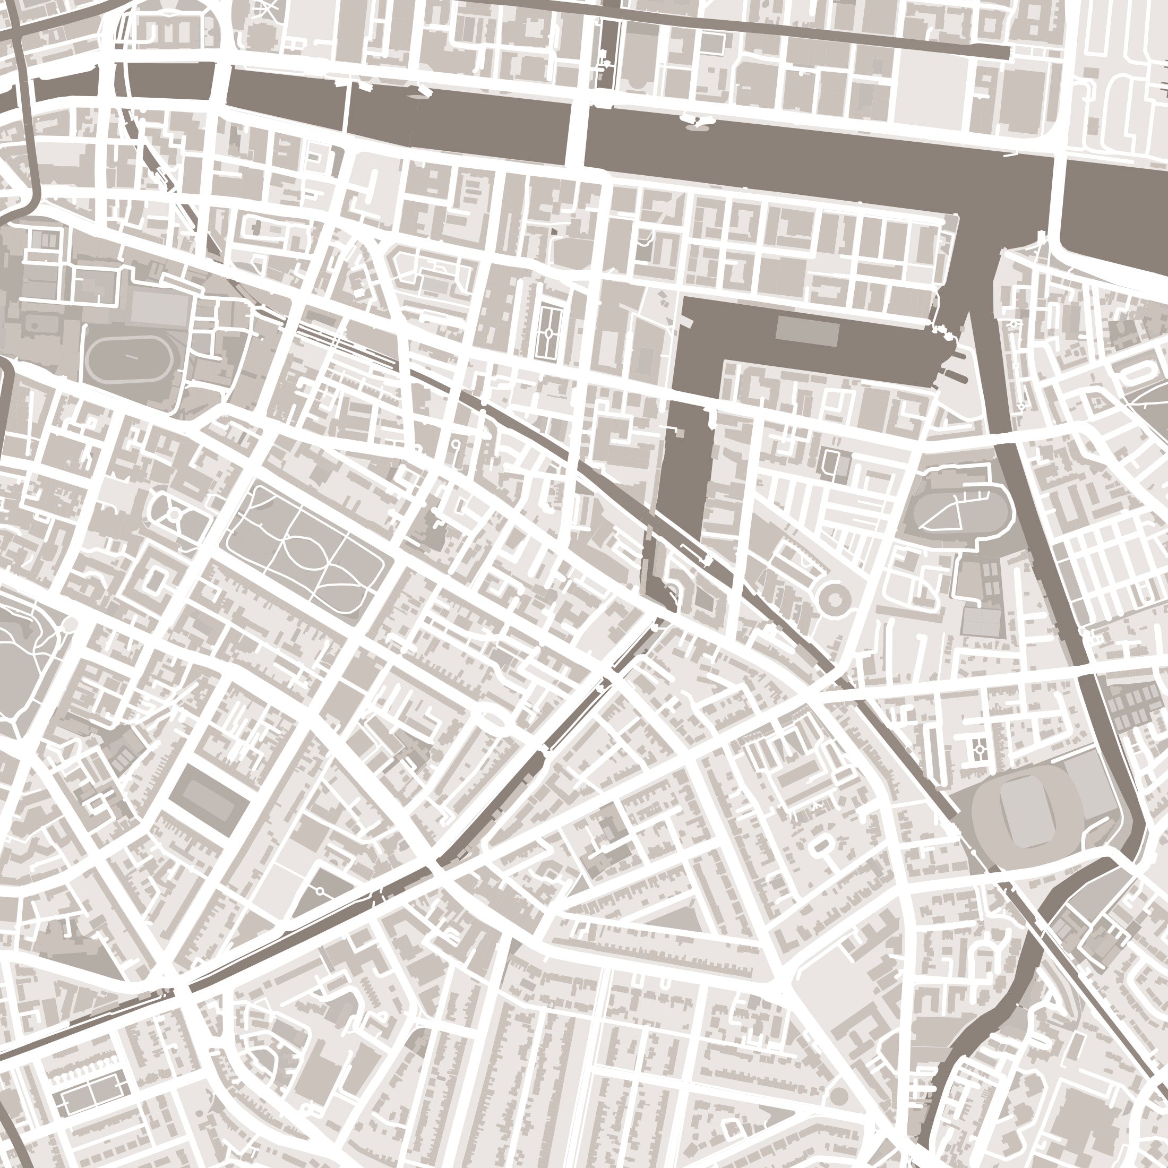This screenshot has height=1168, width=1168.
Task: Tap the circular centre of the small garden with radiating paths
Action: tap(174, 515)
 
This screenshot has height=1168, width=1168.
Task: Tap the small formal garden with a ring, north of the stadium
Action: tap(978, 749)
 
